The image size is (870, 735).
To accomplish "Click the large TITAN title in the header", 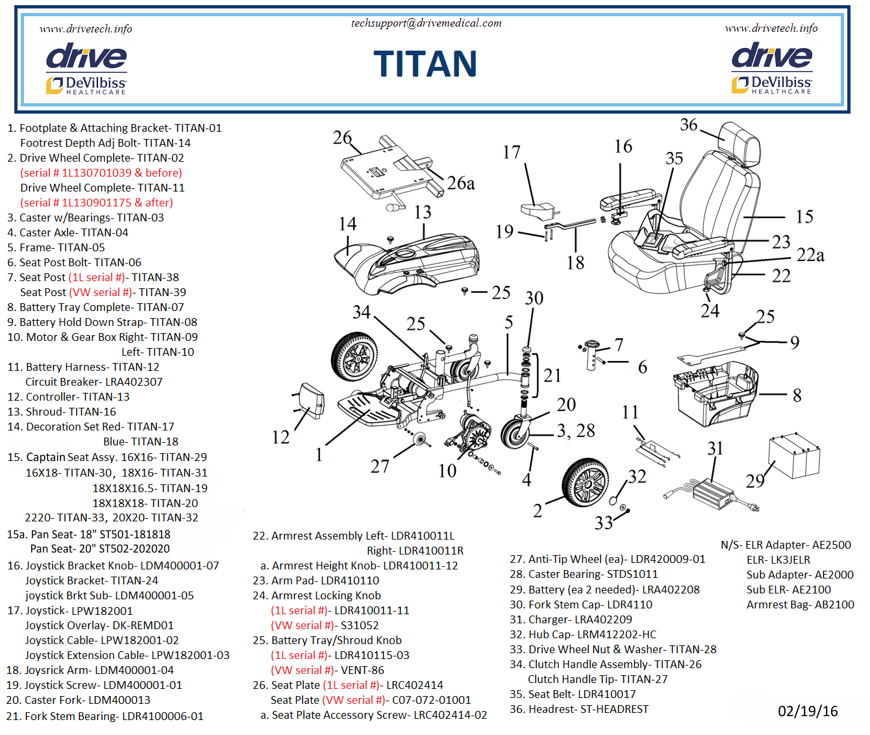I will (425, 64).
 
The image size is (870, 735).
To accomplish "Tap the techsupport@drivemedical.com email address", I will (426, 23).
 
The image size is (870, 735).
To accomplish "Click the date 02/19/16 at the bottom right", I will (808, 711).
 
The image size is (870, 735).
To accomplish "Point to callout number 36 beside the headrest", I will (689, 125).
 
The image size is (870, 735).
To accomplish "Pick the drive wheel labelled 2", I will (585, 483).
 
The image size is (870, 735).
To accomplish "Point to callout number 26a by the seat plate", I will (460, 184).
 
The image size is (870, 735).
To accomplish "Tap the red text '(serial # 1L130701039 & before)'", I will (101, 173).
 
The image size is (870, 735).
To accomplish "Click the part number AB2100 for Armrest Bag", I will (834, 604).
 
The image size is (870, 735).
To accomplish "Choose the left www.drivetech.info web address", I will (86, 29).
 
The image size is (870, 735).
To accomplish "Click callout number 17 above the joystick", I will (512, 152).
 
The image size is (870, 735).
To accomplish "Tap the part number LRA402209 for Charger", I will (603, 619).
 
